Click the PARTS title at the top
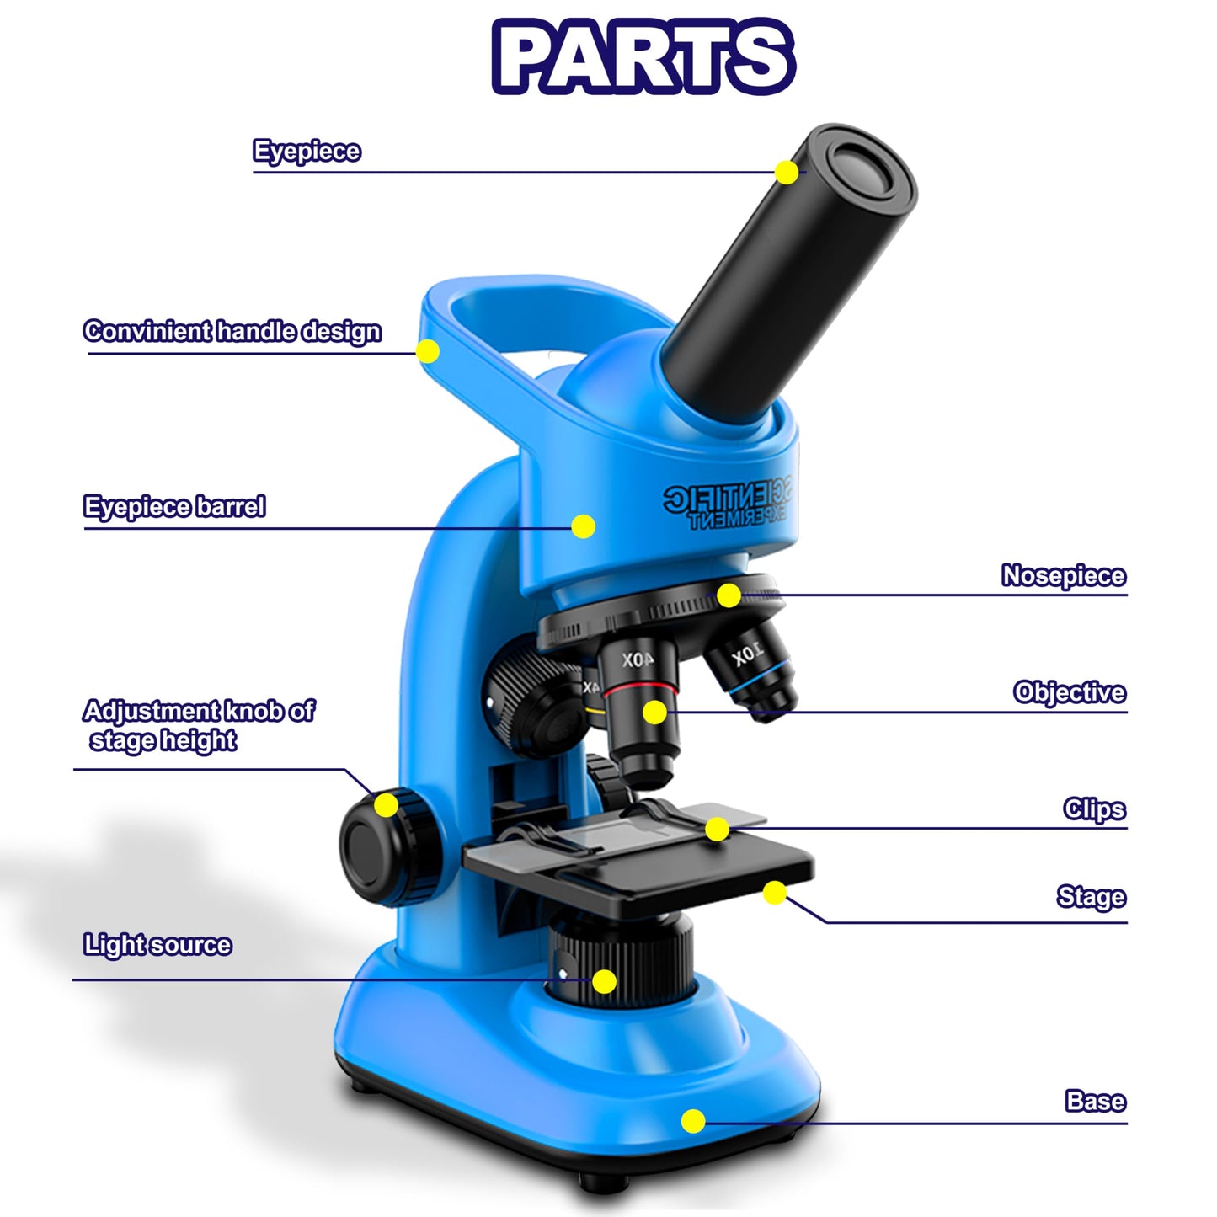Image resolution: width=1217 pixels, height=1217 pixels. pyautogui.click(x=643, y=56)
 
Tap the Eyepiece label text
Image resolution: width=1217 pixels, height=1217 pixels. pyautogui.click(x=307, y=152)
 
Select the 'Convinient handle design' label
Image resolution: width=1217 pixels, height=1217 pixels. pyautogui.click(x=232, y=331)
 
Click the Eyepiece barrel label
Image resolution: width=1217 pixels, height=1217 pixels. pyautogui.click(x=174, y=507)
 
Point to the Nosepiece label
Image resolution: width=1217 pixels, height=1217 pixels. pyautogui.click(x=1063, y=576)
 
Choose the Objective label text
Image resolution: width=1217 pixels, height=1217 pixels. pyautogui.click(x=1069, y=692)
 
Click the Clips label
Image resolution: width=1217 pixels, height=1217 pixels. pyautogui.click(x=1093, y=809)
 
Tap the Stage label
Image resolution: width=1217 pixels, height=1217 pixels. pyautogui.click(x=1091, y=897)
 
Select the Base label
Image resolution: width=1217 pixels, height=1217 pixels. pyautogui.click(x=1095, y=1101)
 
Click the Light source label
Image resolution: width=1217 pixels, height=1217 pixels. pyautogui.click(x=157, y=945)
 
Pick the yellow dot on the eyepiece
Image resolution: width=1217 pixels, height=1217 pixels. pyautogui.click(x=787, y=172)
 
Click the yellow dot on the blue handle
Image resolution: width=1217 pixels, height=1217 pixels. pyautogui.click(x=428, y=350)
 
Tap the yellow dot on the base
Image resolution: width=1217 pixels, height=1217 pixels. pyautogui.click(x=693, y=1120)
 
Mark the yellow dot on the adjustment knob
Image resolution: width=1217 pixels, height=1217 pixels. pyautogui.click(x=386, y=805)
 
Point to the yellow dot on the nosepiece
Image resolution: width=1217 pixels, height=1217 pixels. pyautogui.click(x=729, y=595)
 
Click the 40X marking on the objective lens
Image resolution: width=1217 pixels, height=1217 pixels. pyautogui.click(x=638, y=660)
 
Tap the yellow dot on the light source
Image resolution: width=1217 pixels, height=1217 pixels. pyautogui.click(x=604, y=981)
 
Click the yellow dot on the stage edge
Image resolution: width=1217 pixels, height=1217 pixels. pyautogui.click(x=775, y=893)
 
